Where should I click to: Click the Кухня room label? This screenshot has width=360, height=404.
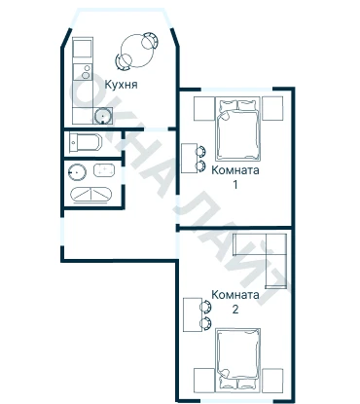pos(121,85)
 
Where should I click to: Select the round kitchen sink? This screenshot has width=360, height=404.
pos(103,116)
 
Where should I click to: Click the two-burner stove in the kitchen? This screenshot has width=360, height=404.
pos(83,72)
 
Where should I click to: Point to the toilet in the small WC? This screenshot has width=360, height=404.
pos(86,142)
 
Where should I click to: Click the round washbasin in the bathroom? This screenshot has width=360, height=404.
pos(77,171)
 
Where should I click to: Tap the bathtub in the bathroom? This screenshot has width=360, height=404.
pos(91,195)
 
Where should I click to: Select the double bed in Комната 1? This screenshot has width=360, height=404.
pos(237,129)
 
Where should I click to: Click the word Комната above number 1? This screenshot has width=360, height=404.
pos(235,170)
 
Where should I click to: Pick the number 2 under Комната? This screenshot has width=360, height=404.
pos(235,310)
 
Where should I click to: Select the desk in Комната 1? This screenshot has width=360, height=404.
pos(190,159)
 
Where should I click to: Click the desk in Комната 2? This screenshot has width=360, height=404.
pos(192,314)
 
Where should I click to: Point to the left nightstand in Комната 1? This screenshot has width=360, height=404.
pos(204,108)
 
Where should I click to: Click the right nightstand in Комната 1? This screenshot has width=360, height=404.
pos(272,108)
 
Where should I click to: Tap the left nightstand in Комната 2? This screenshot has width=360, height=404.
pos(204,380)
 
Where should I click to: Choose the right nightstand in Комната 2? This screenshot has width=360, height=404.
pos(272,380)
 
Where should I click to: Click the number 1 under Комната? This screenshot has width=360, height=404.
pos(235,185)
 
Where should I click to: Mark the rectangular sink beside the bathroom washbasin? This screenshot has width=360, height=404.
pos(104,170)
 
